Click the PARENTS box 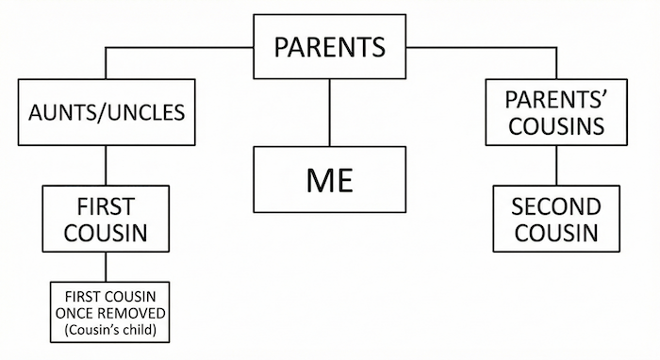(329, 46)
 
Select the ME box (329, 179)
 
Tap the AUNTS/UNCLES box (105, 113)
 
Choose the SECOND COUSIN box (555, 218)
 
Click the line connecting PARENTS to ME (329, 112)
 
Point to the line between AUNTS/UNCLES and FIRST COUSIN (106, 166)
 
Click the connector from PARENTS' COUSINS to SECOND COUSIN (555, 166)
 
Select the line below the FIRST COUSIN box (106, 265)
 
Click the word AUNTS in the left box (67, 113)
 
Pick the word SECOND (555, 205)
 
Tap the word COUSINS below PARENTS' (555, 125)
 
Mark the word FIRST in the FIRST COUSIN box (106, 205)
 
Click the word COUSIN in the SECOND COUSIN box (555, 231)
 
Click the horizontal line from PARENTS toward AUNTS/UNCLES (179, 47)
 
